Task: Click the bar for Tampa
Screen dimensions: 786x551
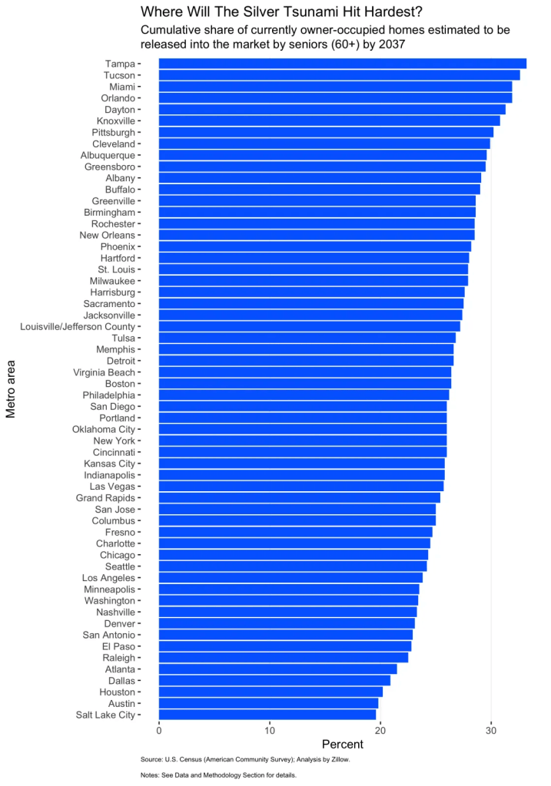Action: point(342,64)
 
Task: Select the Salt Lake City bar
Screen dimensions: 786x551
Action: point(267,715)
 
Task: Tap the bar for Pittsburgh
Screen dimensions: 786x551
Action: point(326,132)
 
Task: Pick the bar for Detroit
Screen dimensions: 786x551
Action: point(306,361)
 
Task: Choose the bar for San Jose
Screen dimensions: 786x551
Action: point(297,509)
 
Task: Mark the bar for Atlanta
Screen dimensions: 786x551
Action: point(277,669)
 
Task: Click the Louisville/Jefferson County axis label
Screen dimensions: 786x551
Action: point(78,326)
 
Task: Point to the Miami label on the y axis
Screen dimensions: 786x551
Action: point(122,87)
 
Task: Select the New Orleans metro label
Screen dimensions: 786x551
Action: point(107,235)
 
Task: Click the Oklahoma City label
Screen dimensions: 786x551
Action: point(103,429)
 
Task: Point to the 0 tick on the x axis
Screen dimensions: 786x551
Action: point(159,729)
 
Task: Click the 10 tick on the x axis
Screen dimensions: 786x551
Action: point(270,729)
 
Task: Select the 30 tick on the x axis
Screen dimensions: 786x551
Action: point(491,729)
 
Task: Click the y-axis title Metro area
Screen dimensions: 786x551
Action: point(12,389)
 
